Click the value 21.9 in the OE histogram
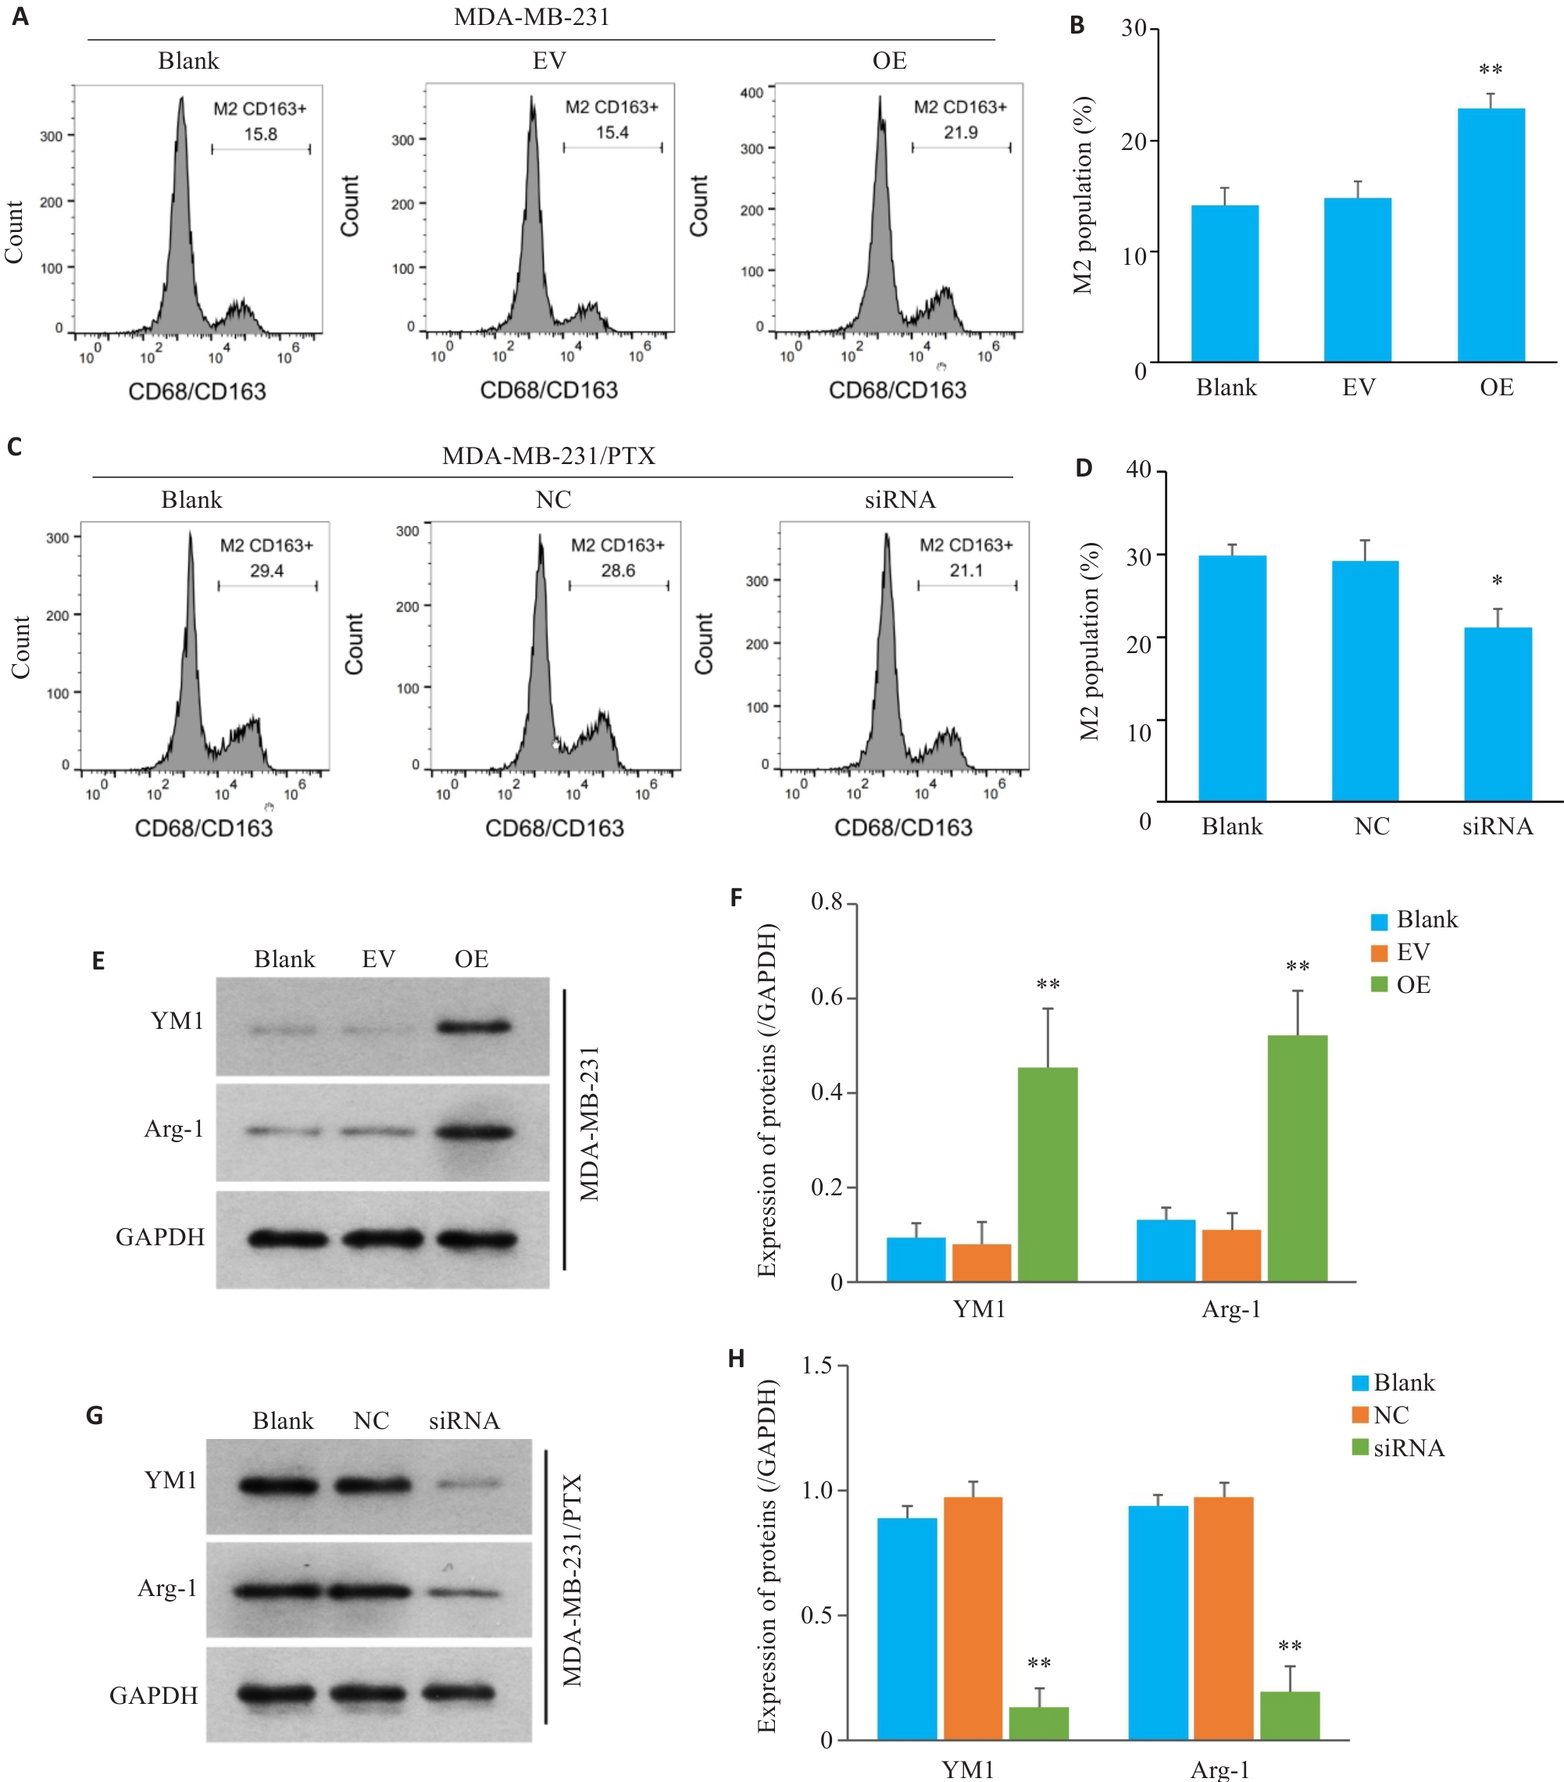pos(960,133)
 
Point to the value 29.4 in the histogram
pos(266,571)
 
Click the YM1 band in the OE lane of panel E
pos(473,1027)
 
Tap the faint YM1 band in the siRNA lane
pos(468,1483)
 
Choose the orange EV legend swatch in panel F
pos(1378,952)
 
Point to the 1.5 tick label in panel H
pos(816,1366)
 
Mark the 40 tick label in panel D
pos(1138,469)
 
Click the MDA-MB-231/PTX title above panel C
pos(548,456)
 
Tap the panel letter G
pos(95,1415)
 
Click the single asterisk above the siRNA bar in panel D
pos(1497,580)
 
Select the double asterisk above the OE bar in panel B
pos(1490,70)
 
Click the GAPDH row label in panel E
pos(160,1237)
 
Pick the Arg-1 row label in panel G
pos(167,1588)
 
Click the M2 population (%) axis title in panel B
pos(1082,195)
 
